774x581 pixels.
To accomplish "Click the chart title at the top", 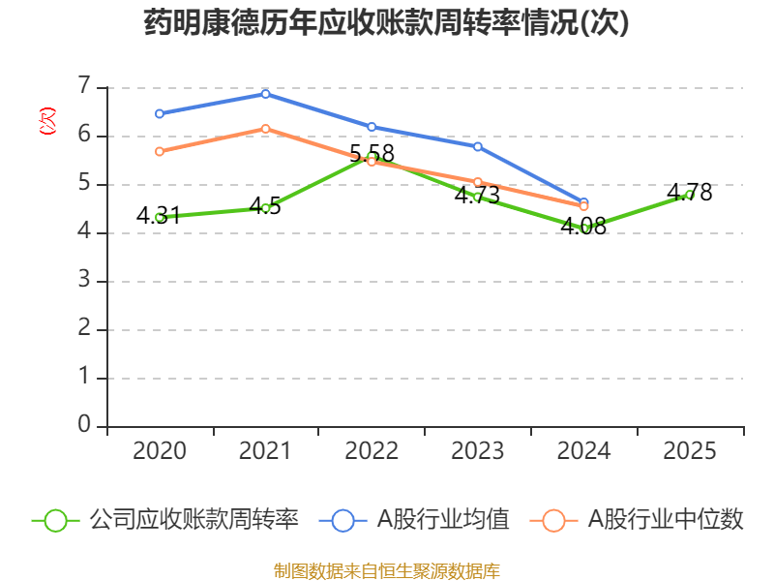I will coord(386,23).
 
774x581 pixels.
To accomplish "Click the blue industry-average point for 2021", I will coord(265,93).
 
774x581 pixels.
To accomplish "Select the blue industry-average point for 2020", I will coord(159,113).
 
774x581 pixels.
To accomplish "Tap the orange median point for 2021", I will coord(265,128).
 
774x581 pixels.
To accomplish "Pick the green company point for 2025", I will coord(689,194).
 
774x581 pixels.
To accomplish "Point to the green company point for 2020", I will coord(159,217).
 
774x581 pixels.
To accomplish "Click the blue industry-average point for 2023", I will coord(478,146).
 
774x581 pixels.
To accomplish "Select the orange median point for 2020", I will coord(159,151).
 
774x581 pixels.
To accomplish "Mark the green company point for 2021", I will coord(265,208).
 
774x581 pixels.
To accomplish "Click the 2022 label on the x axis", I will coord(372,450).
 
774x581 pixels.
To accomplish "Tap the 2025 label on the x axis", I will coord(689,450).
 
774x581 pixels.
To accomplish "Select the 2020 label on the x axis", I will coord(159,450).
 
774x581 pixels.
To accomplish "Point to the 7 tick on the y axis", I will coord(84,86).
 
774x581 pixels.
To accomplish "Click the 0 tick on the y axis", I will coord(84,425).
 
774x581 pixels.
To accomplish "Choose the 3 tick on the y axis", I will coord(84,281).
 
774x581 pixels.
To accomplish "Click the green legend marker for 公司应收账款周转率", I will coord(55,520).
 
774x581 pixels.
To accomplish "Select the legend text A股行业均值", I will coord(443,520).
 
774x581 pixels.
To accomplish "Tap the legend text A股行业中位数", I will coord(666,520).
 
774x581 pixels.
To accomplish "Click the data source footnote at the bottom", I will coord(386,570).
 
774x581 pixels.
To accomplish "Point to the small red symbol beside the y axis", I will coord(46,121).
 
